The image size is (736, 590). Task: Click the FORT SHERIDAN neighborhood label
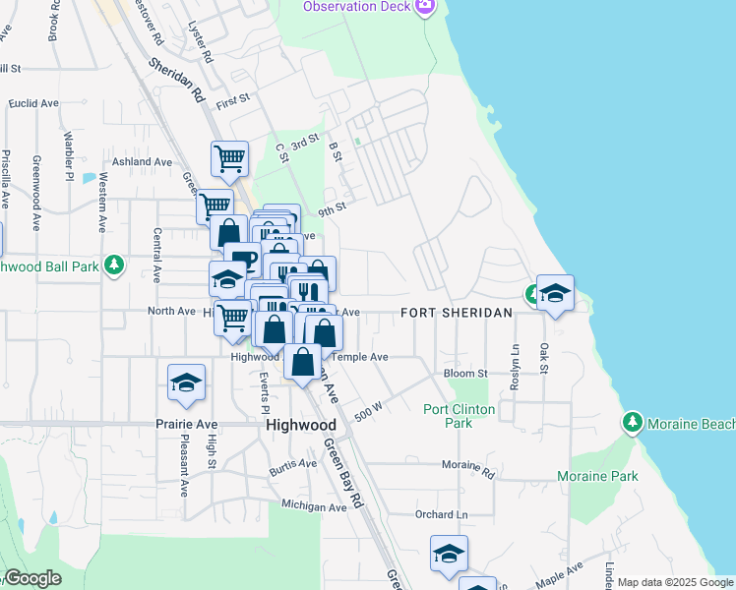tap(457, 313)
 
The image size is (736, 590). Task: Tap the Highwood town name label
tap(301, 426)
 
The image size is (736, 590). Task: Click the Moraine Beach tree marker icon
tap(633, 424)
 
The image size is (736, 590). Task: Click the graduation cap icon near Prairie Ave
tap(186, 383)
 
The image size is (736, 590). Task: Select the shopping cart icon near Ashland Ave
tap(229, 157)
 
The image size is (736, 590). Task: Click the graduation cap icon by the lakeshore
tap(555, 293)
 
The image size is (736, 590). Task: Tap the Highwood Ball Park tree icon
tap(115, 265)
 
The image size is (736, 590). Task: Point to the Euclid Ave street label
tap(34, 103)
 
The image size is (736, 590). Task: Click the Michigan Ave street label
tap(314, 506)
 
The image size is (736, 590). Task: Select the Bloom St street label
tap(465, 374)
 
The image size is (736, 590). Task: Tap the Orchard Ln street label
tap(441, 514)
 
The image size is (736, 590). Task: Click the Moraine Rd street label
tap(467, 463)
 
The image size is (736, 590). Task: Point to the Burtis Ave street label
tap(294, 471)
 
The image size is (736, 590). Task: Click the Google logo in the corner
tap(31, 579)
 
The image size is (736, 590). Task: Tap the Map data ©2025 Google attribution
tap(674, 582)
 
